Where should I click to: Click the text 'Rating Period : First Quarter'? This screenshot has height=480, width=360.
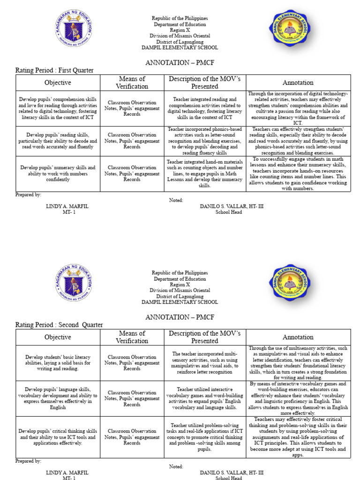(x=54, y=70)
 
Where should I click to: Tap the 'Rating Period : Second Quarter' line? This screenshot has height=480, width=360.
(x=59, y=325)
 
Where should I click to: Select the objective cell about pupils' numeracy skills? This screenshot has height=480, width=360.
(x=58, y=173)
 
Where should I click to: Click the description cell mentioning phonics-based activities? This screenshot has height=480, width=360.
(x=205, y=141)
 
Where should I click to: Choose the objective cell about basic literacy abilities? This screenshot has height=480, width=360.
(x=58, y=363)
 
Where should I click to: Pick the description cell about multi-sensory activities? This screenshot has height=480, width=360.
(x=205, y=363)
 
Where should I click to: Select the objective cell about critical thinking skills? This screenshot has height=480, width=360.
(x=58, y=437)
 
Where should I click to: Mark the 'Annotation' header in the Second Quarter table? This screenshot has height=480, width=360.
(x=298, y=337)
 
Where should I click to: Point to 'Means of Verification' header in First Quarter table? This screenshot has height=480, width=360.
(x=132, y=82)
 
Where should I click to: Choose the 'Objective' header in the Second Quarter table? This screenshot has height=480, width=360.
(x=58, y=337)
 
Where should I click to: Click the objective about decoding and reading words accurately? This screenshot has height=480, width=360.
(x=58, y=141)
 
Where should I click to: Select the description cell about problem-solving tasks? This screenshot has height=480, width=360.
(x=205, y=437)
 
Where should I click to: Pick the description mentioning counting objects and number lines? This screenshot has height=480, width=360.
(x=205, y=173)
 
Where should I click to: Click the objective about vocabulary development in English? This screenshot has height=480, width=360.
(x=58, y=398)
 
